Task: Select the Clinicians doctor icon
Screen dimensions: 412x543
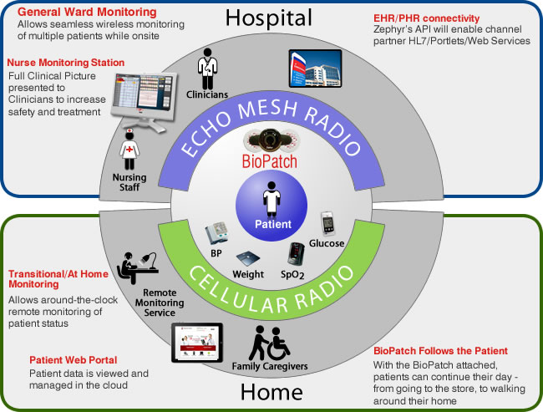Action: (x=206, y=64)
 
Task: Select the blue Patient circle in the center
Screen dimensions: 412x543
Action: (x=273, y=201)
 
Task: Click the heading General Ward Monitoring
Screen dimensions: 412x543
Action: (x=87, y=13)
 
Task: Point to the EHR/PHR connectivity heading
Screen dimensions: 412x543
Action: (x=427, y=18)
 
